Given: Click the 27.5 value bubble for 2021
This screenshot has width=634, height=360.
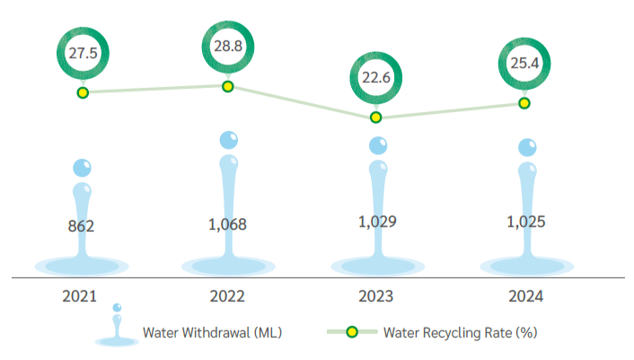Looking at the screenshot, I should click(x=82, y=53).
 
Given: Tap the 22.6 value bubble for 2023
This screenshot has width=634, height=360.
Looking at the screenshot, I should click(x=376, y=76).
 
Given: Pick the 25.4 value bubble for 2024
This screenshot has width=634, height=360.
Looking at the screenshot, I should click(x=524, y=63).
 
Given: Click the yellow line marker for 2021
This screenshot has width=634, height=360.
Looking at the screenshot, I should click(x=82, y=92).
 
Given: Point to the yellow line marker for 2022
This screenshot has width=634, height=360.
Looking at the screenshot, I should click(x=227, y=86).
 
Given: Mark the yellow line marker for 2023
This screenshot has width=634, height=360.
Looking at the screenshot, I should click(x=376, y=118).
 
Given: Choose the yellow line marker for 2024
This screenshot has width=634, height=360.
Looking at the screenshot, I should click(x=524, y=103).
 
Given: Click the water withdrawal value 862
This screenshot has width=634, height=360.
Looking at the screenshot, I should click(x=81, y=226).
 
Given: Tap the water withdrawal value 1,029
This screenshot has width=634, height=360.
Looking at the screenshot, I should click(x=376, y=222).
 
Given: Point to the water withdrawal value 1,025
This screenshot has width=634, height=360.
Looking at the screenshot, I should click(x=524, y=222).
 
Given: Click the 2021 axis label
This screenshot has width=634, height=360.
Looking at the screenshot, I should click(x=81, y=295).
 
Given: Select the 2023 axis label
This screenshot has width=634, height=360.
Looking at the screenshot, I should click(x=376, y=295).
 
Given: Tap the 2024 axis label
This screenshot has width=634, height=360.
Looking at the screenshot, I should click(x=524, y=295).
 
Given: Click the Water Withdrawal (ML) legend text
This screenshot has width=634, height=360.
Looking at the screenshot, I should click(x=213, y=332).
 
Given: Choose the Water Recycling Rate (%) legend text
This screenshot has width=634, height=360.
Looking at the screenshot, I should click(x=460, y=332).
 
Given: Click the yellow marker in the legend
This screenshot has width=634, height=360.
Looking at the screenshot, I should click(x=352, y=332).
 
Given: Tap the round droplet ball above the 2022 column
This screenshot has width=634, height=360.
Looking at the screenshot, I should click(x=229, y=140).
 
